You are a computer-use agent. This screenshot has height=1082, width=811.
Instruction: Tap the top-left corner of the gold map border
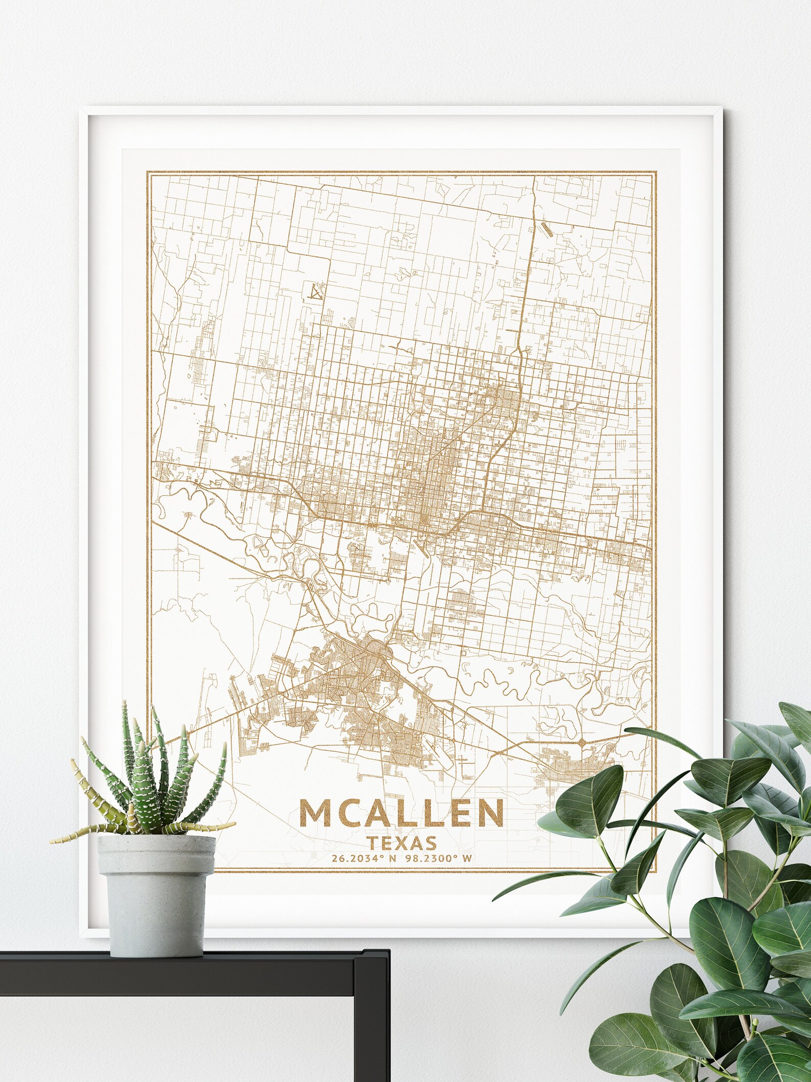tap(148, 171)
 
